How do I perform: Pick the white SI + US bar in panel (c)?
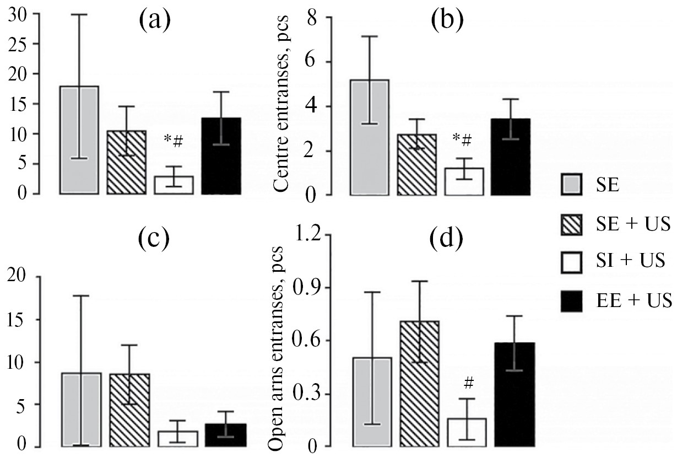178,438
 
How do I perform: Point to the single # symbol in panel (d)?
469,381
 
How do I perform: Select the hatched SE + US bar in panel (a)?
126,163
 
